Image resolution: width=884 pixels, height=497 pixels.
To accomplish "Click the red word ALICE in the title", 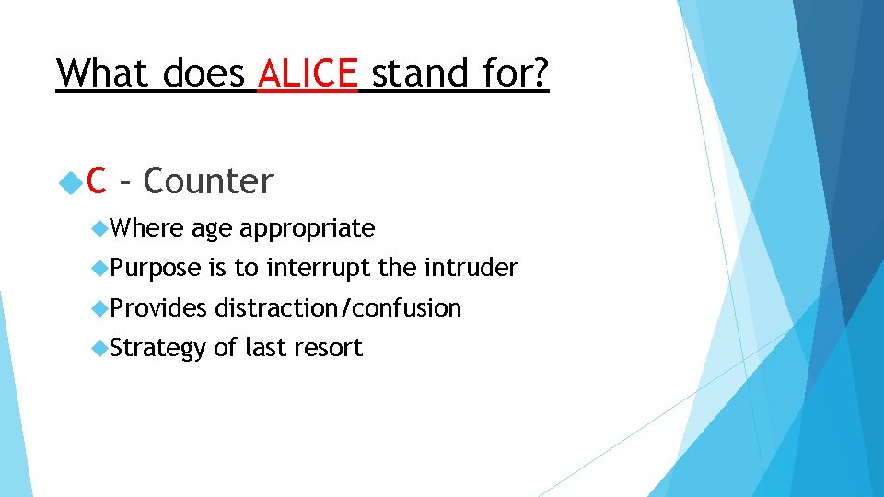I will point(308,73).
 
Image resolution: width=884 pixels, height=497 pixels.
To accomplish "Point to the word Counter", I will point(209,181).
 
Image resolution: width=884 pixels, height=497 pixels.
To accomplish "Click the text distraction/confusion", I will point(338,307).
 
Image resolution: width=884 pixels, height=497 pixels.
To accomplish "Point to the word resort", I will point(327,348).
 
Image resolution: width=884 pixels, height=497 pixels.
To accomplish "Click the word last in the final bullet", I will point(266,348).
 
